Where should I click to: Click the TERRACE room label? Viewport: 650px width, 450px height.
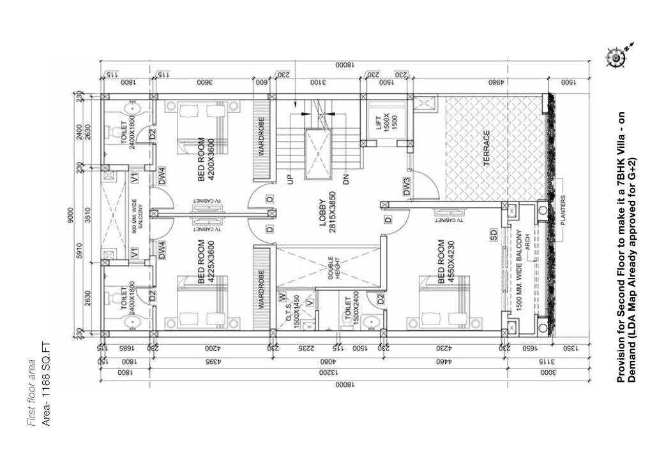click(486, 149)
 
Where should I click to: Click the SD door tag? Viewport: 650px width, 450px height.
click(494, 234)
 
